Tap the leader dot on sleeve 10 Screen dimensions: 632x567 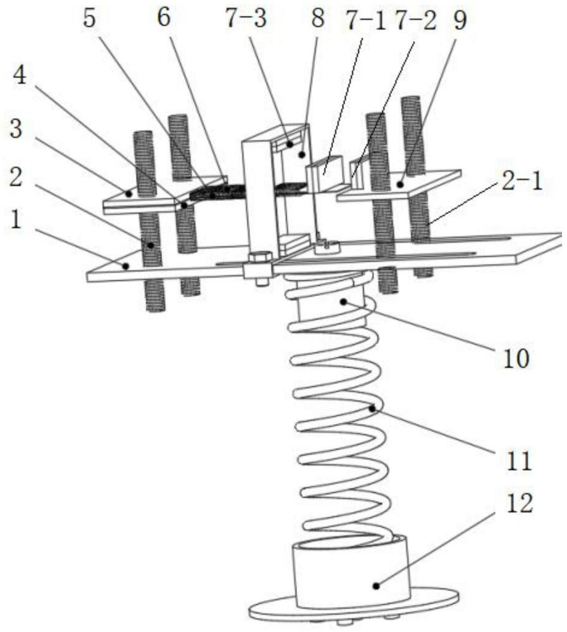click(x=343, y=302)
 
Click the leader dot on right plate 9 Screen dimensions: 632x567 click(x=401, y=184)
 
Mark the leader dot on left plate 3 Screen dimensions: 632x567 click(x=128, y=193)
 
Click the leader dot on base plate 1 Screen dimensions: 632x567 click(x=126, y=266)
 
